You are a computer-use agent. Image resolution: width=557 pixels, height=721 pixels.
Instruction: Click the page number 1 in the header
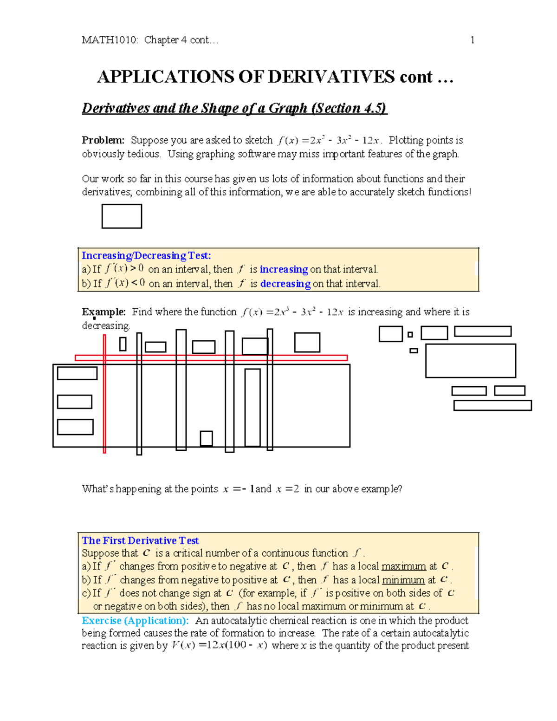tap(472, 40)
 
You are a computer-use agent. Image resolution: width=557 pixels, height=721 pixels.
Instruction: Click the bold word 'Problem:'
tap(103, 140)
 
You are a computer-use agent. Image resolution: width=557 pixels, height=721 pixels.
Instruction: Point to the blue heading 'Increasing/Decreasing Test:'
tap(146, 255)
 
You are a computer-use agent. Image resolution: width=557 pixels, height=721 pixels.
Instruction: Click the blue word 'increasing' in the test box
tap(284, 269)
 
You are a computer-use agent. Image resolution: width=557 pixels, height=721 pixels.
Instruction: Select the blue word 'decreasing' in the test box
tap(285, 284)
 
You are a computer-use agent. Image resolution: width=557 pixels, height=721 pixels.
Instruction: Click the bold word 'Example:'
tap(104, 312)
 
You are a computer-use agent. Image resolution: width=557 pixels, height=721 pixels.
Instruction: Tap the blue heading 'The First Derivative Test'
tap(140, 540)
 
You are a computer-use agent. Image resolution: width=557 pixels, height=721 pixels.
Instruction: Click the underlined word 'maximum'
tap(403, 566)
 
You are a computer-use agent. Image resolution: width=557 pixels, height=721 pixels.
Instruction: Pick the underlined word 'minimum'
tap(403, 580)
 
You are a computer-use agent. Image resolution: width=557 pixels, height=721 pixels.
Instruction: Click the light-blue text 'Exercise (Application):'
tap(135, 621)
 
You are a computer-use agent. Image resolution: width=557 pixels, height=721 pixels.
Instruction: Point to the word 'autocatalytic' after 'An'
tap(239, 621)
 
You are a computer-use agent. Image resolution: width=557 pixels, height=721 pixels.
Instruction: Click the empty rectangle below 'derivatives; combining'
tap(122, 216)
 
